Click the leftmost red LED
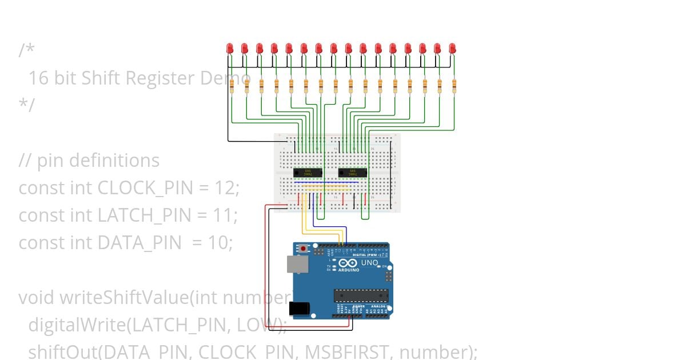[x=230, y=49]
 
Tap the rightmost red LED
[x=453, y=49]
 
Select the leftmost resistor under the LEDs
[x=232, y=86]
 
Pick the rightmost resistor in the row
[x=454, y=86]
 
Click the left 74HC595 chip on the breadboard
[x=308, y=172]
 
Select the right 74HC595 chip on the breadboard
[x=353, y=172]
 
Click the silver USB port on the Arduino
[x=298, y=263]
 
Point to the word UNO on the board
[x=369, y=263]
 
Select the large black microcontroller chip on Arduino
[x=361, y=295]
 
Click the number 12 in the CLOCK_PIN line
[x=225, y=187]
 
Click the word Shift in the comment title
[x=101, y=78]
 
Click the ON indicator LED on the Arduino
[x=384, y=267]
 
